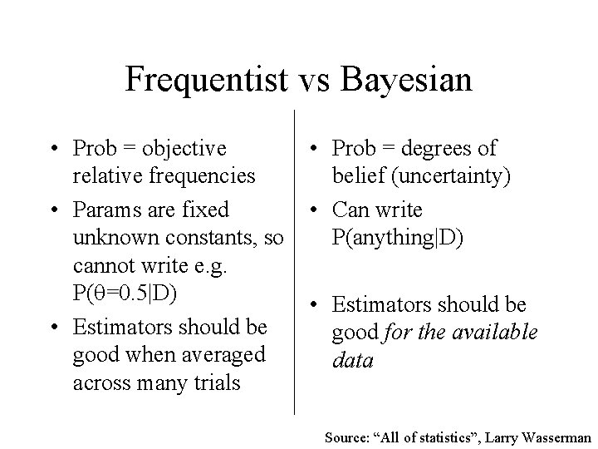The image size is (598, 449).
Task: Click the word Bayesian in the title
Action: pyautogui.click(x=407, y=81)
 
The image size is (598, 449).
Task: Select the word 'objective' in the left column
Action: pyautogui.click(x=184, y=149)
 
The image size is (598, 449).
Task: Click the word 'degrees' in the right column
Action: pyautogui.click(x=434, y=149)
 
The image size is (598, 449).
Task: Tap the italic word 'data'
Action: pyautogui.click(x=352, y=361)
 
